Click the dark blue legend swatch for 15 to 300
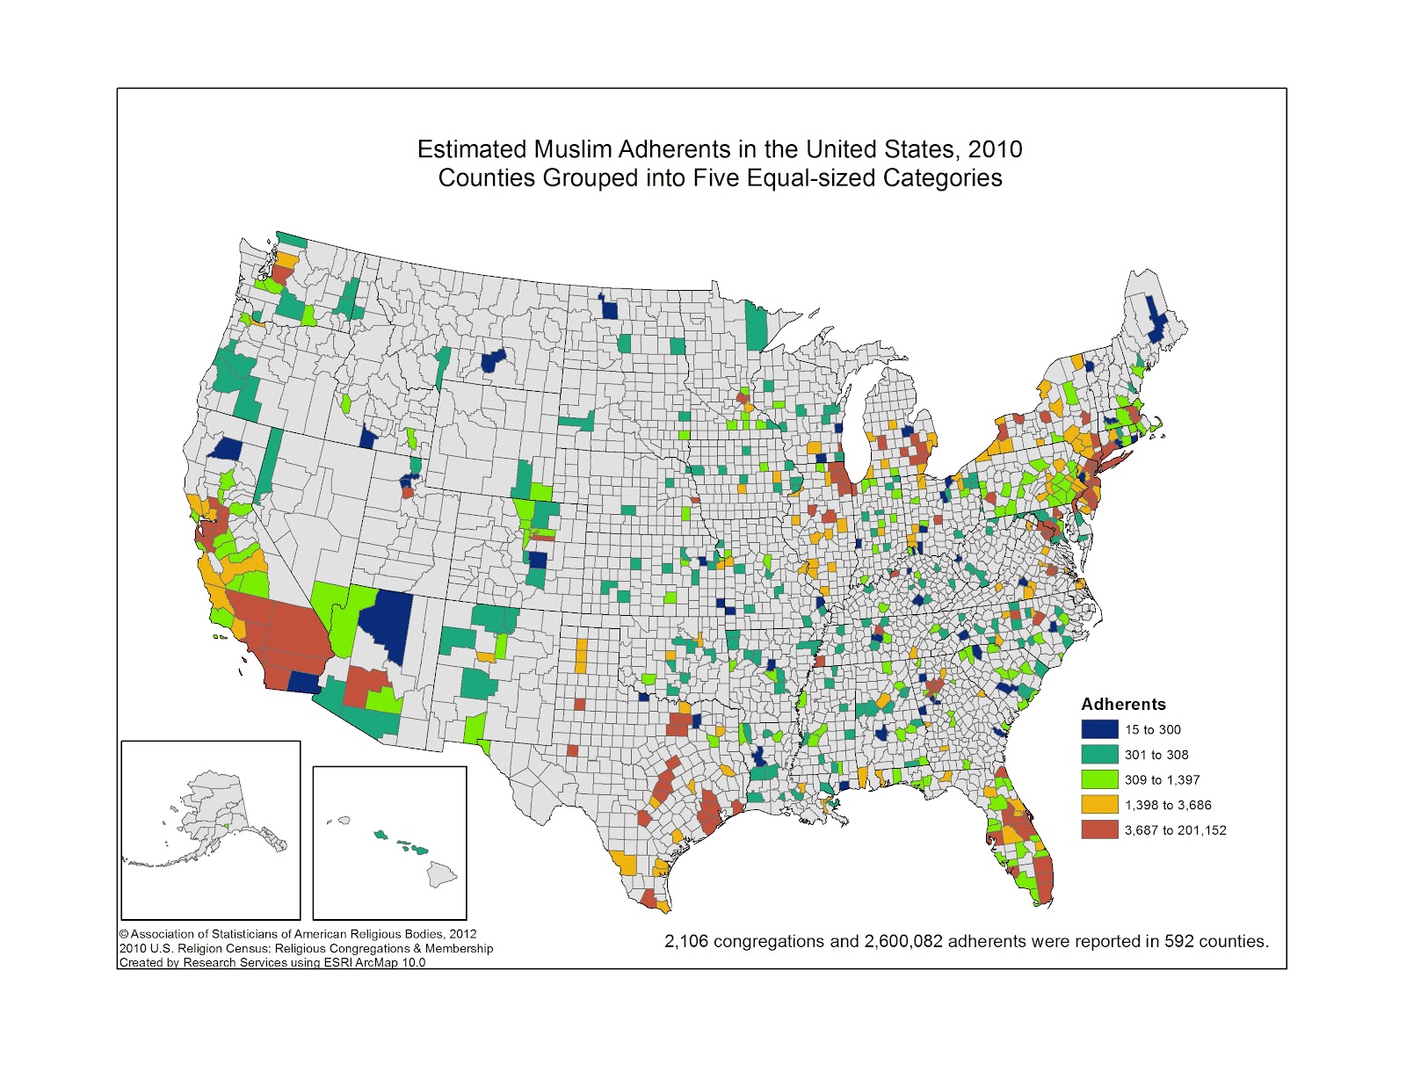point(1099,729)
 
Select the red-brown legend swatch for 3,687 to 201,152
point(1099,829)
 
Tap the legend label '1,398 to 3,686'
point(1168,805)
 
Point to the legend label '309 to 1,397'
point(1162,779)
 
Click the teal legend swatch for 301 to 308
point(1099,754)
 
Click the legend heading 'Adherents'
point(1123,704)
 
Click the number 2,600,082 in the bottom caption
point(903,941)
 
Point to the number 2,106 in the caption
point(685,941)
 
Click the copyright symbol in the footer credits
point(124,934)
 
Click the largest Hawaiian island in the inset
point(441,872)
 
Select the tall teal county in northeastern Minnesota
point(756,325)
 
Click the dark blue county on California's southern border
point(304,683)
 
